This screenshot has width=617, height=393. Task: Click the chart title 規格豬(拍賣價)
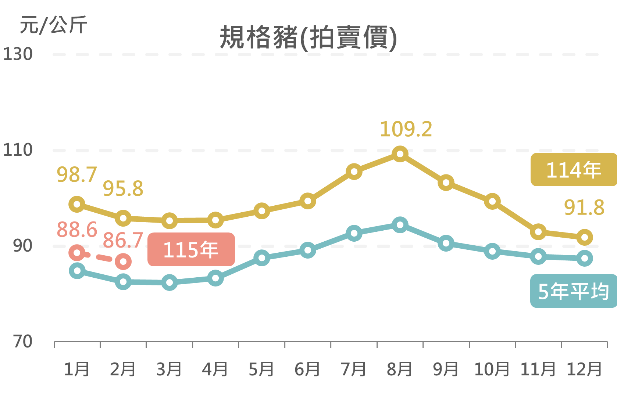coord(308,37)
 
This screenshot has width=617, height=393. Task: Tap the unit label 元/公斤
coord(54,25)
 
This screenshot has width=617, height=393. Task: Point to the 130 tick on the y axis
coord(18,54)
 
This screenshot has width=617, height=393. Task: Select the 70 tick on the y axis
coord(22,342)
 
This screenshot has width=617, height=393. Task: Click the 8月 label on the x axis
coord(400,369)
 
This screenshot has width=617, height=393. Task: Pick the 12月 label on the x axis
coord(584,369)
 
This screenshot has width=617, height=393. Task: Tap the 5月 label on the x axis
coord(261,369)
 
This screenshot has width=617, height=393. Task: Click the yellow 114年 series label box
coord(573,170)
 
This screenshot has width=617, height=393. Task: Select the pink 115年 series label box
coord(191,249)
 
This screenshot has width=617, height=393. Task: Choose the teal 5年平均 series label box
coord(573,291)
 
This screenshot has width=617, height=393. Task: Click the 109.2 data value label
coord(406,129)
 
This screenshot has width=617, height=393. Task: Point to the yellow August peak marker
coord(400,154)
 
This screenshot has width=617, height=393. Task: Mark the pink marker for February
coord(123,262)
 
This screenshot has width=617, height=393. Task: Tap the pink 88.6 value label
coord(77,230)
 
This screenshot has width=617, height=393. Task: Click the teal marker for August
coord(400,225)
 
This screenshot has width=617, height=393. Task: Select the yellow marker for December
coord(585,237)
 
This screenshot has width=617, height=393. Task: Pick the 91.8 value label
coord(584,208)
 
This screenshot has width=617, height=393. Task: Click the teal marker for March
coord(170,282)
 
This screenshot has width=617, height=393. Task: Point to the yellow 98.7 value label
coord(77,174)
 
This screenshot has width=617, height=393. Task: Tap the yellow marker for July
coord(354,172)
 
